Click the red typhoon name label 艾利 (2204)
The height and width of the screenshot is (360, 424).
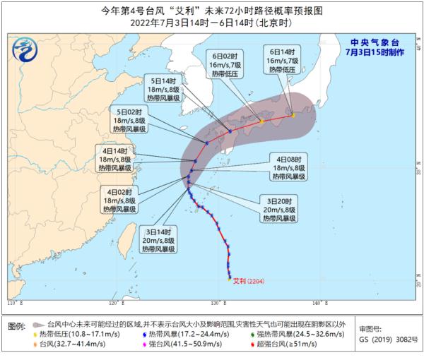[249, 280]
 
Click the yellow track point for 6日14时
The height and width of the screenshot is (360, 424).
[293, 115]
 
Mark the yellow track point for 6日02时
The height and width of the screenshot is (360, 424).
[261, 122]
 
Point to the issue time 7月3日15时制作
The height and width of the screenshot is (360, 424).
[383, 53]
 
